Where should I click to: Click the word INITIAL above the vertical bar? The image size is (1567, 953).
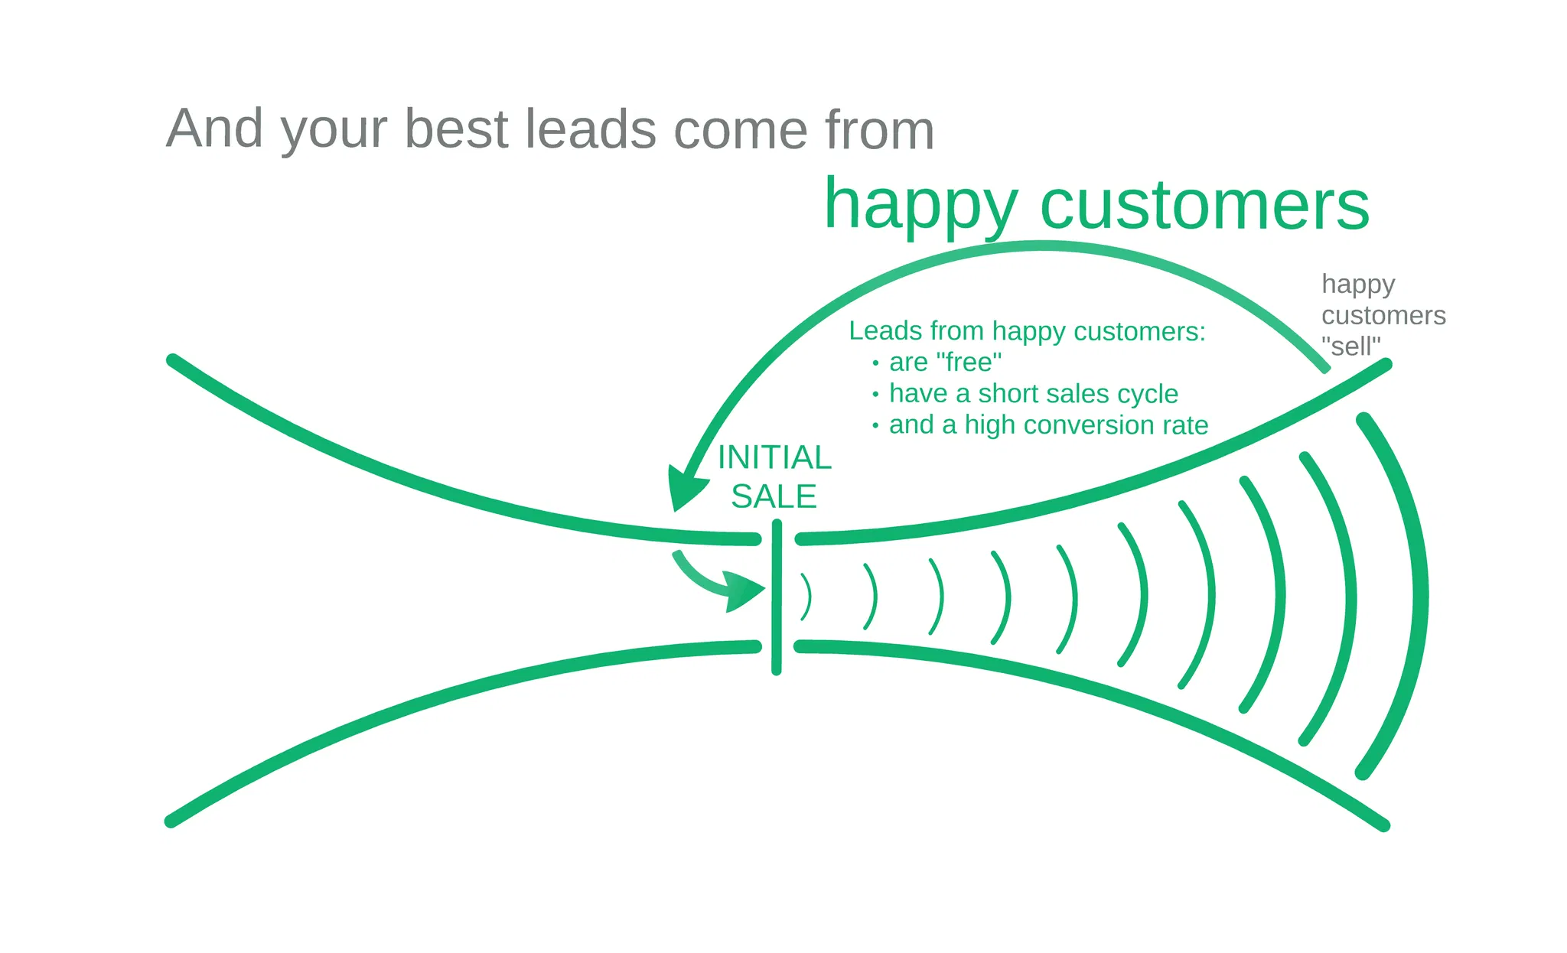[x=774, y=458]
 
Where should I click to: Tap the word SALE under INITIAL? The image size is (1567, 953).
[x=774, y=497]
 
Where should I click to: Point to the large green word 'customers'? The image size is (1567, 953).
[x=1204, y=205]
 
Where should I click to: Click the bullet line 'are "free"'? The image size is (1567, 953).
[x=945, y=362]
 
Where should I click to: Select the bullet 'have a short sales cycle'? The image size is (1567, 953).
[x=1033, y=393]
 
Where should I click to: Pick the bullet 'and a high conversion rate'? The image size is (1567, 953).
[x=1048, y=424]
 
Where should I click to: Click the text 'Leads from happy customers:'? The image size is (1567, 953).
[x=1027, y=331]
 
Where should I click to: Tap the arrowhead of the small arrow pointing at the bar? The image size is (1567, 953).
[x=744, y=591]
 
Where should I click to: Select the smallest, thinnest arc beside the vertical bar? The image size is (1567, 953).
[x=806, y=597]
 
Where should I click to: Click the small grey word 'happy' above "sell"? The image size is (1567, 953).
[x=1358, y=285]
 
